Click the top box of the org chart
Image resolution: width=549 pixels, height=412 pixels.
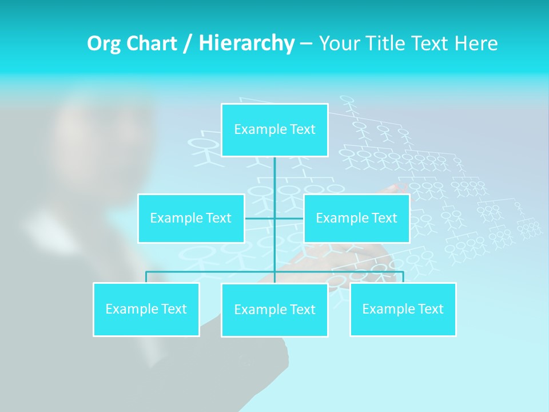pos(274,130)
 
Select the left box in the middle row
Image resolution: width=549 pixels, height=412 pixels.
pos(191,218)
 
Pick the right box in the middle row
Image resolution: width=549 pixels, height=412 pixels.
pos(356,218)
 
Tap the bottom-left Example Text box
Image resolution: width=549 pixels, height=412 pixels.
pos(146,309)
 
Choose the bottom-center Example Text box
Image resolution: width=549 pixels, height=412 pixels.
pos(274,310)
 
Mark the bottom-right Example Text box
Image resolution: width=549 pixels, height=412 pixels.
pos(403,309)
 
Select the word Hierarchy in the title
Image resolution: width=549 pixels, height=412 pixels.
pos(246,43)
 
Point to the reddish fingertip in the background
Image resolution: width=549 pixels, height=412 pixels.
pos(395,187)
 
